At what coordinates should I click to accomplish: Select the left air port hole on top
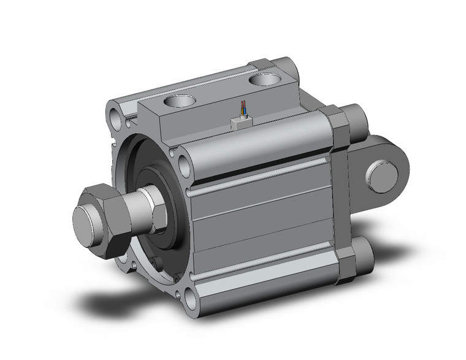pyautogui.click(x=178, y=101)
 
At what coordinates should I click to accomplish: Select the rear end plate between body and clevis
pyautogui.click(x=340, y=196)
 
